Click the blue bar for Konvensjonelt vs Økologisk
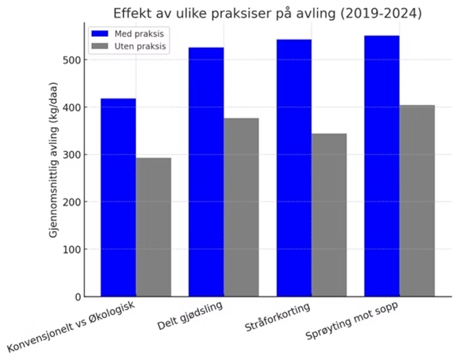tap(118, 197)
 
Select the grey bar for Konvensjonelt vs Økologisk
tap(154, 227)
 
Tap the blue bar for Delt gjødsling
tap(206, 171)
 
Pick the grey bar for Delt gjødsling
tap(241, 207)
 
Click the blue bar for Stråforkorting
tap(294, 168)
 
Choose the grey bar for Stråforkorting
tap(329, 215)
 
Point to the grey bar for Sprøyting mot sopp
tap(417, 200)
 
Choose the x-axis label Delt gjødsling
tap(191, 316)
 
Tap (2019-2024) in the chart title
tap(379, 13)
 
